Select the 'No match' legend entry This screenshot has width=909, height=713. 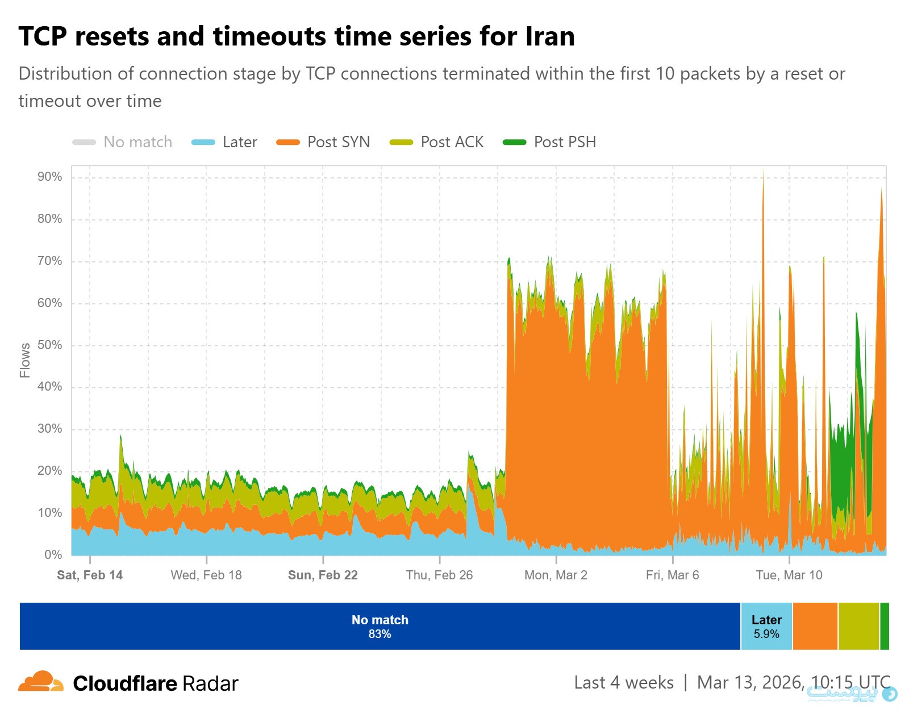(x=122, y=142)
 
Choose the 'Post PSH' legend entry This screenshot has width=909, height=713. (x=549, y=142)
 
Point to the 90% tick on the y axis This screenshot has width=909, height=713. (x=50, y=177)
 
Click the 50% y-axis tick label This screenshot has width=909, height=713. (x=50, y=345)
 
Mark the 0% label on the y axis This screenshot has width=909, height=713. (x=53, y=555)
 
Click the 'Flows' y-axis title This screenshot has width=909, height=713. (x=24, y=360)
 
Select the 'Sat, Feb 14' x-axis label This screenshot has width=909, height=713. (x=90, y=575)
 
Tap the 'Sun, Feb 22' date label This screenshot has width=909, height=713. (x=323, y=575)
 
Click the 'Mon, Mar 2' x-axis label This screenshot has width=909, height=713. (x=556, y=575)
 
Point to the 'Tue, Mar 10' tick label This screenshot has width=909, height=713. (x=789, y=575)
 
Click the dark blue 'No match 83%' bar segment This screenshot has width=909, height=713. (x=380, y=627)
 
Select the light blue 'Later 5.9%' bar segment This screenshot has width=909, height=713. (x=766, y=627)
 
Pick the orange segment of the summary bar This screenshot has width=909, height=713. (x=815, y=627)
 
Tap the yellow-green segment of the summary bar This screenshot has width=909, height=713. (x=858, y=627)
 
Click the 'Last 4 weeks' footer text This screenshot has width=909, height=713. (x=624, y=683)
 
